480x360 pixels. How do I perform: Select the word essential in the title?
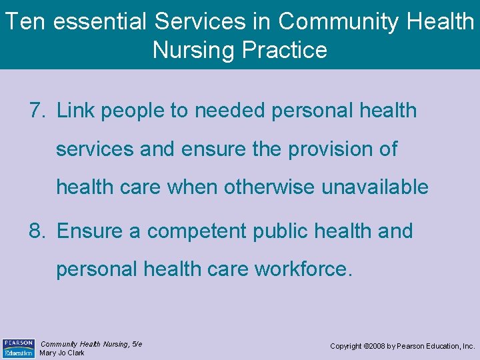click(100, 22)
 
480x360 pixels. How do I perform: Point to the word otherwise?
click(270, 187)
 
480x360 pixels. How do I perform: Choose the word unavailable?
click(375, 187)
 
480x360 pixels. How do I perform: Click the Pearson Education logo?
click(18, 348)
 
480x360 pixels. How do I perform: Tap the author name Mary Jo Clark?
click(62, 353)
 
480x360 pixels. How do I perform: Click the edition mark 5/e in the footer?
click(137, 344)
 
